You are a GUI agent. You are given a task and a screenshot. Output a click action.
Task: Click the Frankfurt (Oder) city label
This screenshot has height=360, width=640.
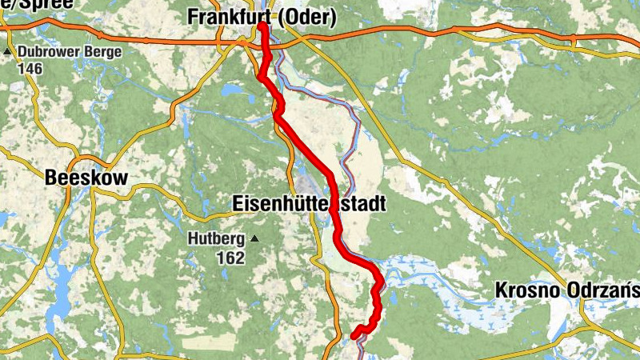click(x=262, y=17)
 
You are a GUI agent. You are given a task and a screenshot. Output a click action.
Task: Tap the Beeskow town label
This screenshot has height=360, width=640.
click(x=86, y=178)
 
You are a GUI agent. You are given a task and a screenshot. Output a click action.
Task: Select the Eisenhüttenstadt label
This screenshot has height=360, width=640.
click(x=309, y=204)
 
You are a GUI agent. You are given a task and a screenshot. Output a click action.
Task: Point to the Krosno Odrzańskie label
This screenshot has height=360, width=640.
click(x=566, y=289)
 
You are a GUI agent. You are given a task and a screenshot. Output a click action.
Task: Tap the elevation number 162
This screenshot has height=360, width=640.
click(x=230, y=258)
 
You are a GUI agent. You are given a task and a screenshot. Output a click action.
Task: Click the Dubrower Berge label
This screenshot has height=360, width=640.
click(x=70, y=53)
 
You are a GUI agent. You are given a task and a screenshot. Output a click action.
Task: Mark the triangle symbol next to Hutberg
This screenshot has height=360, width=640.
click(x=254, y=238)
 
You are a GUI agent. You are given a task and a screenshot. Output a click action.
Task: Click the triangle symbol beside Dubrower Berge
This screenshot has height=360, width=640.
click(x=8, y=53)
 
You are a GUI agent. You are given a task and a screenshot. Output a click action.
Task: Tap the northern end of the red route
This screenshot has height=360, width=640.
click(x=262, y=26)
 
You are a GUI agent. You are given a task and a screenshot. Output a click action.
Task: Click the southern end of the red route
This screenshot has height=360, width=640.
click(x=354, y=336)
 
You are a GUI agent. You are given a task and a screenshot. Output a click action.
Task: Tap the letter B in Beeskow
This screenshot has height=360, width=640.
click(x=52, y=178)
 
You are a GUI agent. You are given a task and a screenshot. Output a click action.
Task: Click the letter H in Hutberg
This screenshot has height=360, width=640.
click(x=193, y=238)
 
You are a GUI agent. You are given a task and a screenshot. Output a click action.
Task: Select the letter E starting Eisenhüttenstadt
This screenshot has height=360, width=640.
click(x=237, y=204)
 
